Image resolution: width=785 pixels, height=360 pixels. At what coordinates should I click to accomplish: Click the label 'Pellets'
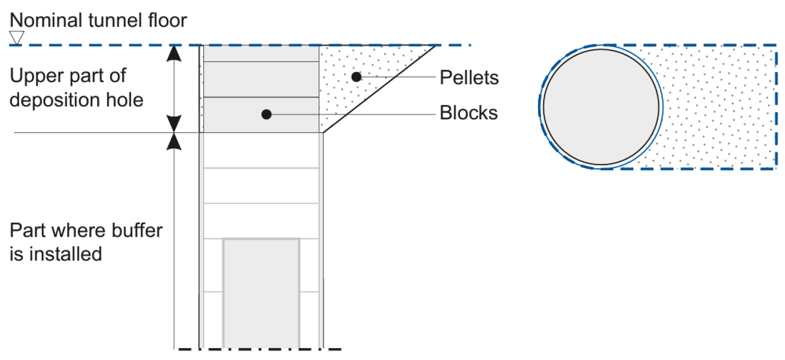pyautogui.click(x=469, y=77)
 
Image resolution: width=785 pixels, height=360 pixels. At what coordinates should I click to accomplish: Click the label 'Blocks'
pyautogui.click(x=468, y=113)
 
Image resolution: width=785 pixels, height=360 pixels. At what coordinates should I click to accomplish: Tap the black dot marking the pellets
pyautogui.click(x=357, y=77)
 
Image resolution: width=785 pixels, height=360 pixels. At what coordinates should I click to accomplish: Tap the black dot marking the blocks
pyautogui.click(x=266, y=115)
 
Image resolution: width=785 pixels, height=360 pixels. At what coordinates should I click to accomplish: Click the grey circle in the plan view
pyautogui.click(x=601, y=107)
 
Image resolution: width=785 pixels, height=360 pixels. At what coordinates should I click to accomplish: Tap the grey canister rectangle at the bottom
pyautogui.click(x=261, y=292)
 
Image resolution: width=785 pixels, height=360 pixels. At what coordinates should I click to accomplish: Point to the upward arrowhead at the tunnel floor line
pyautogui.click(x=174, y=53)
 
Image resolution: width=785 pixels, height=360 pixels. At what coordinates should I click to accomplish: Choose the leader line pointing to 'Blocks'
pyautogui.click(x=353, y=115)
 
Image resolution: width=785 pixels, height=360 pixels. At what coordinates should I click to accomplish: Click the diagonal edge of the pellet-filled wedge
pyautogui.click(x=379, y=89)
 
